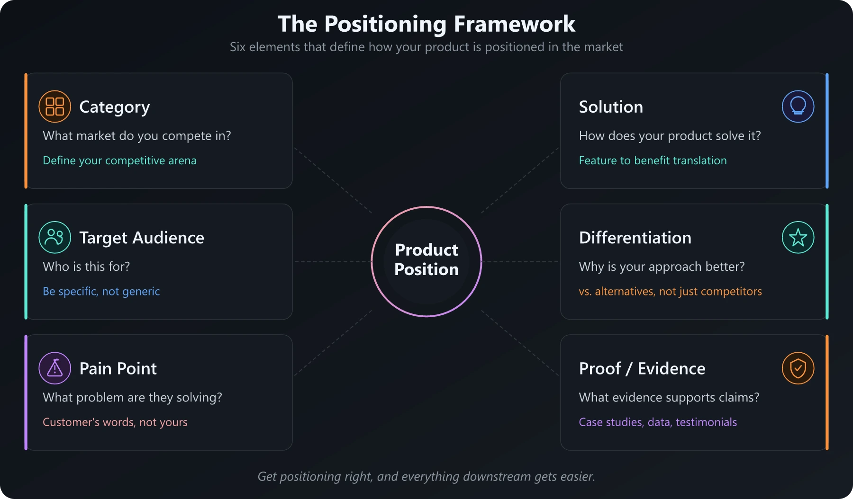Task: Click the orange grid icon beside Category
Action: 55,107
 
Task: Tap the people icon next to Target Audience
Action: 55,237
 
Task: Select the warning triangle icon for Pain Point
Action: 55,368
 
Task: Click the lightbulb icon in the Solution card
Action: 798,107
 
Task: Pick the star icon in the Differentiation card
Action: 798,237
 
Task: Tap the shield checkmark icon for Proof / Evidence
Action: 798,368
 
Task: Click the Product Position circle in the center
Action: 426,261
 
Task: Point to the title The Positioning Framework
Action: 426,24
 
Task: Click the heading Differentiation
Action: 635,238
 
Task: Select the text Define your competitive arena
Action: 119,160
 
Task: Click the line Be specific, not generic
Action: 101,291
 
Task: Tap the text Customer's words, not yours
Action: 115,422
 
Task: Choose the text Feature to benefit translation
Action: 653,160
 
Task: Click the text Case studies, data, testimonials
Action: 658,422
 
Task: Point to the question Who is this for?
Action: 86,267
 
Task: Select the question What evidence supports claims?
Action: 669,397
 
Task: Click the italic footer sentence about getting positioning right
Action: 426,476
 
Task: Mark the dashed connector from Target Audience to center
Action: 332,261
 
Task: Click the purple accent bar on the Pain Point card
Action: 26,392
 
